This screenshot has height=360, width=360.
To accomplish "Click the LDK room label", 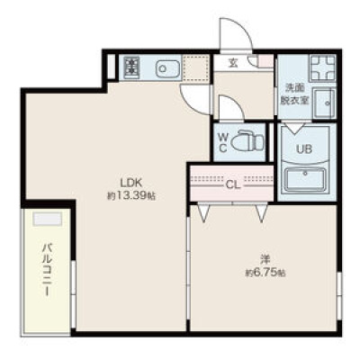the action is [x=130, y=183].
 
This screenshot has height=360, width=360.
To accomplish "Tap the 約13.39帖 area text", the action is [x=131, y=196].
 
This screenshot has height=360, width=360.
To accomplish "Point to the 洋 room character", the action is [x=265, y=259].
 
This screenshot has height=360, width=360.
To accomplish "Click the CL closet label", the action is [x=233, y=185].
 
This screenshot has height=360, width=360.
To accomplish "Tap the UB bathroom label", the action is [x=304, y=148].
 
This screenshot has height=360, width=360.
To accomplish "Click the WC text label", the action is [x=222, y=143].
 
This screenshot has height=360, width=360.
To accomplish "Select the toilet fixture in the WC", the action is [x=249, y=140].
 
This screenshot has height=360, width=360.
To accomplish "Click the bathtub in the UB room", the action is [x=305, y=179].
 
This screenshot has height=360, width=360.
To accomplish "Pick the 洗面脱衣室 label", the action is [x=294, y=94].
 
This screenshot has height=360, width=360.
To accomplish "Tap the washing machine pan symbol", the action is [x=322, y=68].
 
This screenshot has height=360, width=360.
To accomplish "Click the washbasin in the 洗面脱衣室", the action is [x=324, y=103].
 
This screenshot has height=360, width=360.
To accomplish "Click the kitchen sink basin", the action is [x=167, y=68].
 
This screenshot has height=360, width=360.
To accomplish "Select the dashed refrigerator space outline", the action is [x=196, y=68].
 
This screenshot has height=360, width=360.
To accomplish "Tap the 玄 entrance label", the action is [x=232, y=63].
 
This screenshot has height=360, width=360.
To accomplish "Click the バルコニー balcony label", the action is [x=46, y=270].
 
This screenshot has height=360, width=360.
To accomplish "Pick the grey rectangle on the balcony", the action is [x=48, y=219].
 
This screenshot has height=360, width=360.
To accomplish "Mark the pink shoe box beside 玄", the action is [x=265, y=61].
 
